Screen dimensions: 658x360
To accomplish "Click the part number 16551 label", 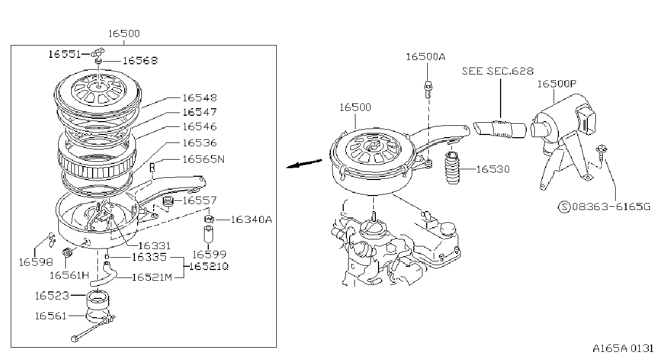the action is [64, 54].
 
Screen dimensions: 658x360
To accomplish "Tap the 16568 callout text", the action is [140, 61].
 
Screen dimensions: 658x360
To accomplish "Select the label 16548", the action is [200, 98].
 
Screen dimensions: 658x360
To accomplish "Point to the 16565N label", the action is [203, 159].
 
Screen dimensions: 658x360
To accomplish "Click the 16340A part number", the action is [252, 220].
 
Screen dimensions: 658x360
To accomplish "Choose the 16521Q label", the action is [209, 267].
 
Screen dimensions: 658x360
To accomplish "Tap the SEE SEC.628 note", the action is [497, 71].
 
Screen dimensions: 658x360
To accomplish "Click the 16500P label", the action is [557, 84].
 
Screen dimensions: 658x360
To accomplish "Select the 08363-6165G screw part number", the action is [611, 207].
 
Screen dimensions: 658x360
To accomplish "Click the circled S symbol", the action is [564, 207].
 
